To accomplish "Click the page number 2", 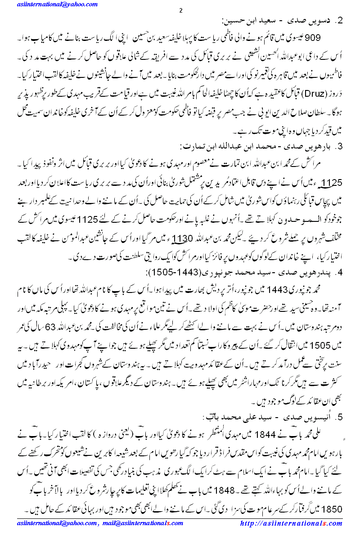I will click(180, 10).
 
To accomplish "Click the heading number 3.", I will click(341, 147).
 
